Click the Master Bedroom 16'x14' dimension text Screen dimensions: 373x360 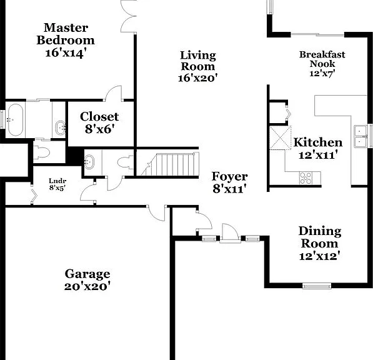[65, 53]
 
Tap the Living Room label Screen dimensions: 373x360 [198, 61]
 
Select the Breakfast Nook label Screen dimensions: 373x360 [322, 59]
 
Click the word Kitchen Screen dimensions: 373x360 [318, 142]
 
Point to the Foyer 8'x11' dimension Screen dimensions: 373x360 [229, 189]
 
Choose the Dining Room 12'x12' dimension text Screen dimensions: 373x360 [319, 256]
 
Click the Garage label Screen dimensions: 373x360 [87, 274]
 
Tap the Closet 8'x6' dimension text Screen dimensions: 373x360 [100, 129]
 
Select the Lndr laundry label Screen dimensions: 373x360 [57, 181]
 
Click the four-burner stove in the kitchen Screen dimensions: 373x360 [306, 178]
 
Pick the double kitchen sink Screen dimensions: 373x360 [361, 137]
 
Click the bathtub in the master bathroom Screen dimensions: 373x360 [16, 119]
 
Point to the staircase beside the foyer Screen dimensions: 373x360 [170, 164]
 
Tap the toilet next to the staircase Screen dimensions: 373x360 [125, 162]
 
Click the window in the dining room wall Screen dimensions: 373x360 [317, 286]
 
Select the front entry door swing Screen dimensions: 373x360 [230, 232]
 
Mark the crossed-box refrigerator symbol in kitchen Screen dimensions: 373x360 [281, 137]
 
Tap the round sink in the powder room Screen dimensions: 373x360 [89, 162]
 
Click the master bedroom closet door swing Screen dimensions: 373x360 [113, 93]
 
